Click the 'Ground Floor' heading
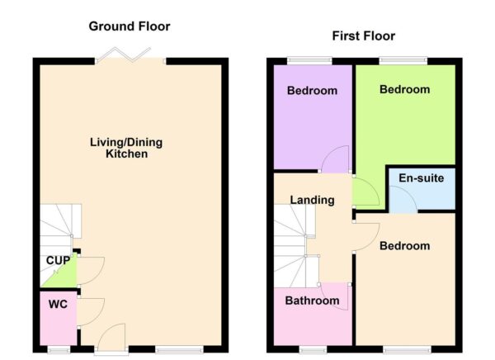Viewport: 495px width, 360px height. (x=130, y=26)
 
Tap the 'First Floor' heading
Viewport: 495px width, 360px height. (x=363, y=36)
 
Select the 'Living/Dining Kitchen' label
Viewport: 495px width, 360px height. (x=126, y=148)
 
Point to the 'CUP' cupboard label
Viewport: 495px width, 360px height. (x=57, y=261)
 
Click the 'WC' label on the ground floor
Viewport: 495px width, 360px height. (x=57, y=304)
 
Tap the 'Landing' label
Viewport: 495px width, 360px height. (x=312, y=200)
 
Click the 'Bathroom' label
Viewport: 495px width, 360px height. (x=312, y=301)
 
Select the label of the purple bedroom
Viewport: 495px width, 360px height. (x=312, y=91)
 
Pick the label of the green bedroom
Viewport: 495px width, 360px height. (x=404, y=89)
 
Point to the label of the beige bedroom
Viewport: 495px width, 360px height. (x=404, y=246)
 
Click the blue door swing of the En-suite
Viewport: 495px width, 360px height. (x=402, y=201)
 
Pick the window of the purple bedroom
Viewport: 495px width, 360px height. (x=309, y=59)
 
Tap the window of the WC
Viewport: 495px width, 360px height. (x=58, y=349)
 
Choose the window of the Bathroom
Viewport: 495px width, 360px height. (x=312, y=349)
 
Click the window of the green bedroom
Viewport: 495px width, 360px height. (x=403, y=59)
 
